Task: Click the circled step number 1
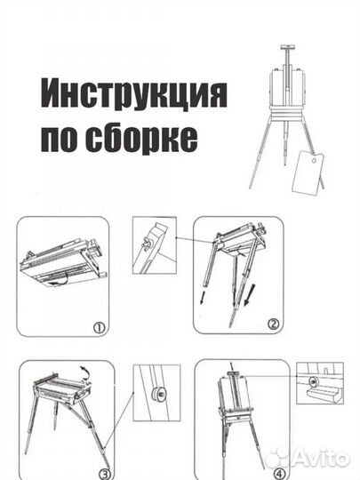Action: (x=100, y=327)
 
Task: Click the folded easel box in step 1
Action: (x=62, y=263)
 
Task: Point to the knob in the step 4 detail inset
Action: (x=313, y=380)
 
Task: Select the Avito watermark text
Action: (x=321, y=457)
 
